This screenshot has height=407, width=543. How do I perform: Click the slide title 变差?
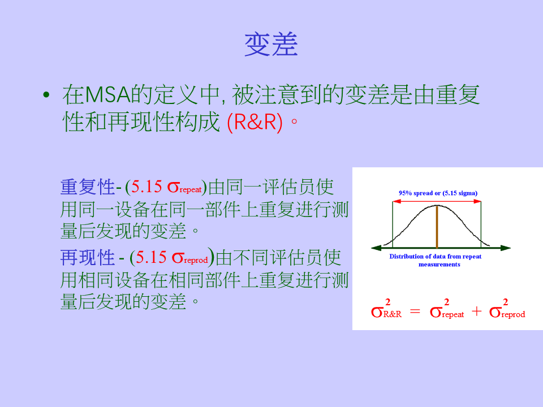pyautogui.click(x=271, y=44)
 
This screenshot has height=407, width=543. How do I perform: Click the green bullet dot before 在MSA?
pyautogui.click(x=46, y=94)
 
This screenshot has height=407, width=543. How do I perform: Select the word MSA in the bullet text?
pyautogui.click(x=107, y=94)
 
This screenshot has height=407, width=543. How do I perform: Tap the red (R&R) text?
pyautogui.click(x=255, y=122)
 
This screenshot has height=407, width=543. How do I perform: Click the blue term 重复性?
pyautogui.click(x=87, y=187)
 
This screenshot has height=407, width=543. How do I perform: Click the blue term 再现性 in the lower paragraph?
pyautogui.click(x=87, y=258)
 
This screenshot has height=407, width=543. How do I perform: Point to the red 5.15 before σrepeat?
pyautogui.click(x=146, y=187)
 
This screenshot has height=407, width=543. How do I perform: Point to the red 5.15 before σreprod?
pyautogui.click(x=151, y=258)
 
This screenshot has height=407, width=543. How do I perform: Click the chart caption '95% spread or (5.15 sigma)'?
pyautogui.click(x=438, y=193)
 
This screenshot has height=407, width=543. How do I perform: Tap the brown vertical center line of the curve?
pyautogui.click(x=437, y=227)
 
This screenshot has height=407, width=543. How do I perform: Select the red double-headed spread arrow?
pyautogui.click(x=437, y=201)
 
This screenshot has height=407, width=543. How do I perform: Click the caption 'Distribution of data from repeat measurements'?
pyautogui.click(x=436, y=260)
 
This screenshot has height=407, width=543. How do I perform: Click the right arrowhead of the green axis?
pyautogui.click(x=506, y=248)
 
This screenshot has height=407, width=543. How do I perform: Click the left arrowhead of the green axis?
pyautogui.click(x=376, y=248)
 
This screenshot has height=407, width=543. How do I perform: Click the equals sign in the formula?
pyautogui.click(x=415, y=311)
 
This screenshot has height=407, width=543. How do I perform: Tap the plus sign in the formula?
pyautogui.click(x=476, y=311)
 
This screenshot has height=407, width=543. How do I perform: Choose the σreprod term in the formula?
pyautogui.click(x=507, y=309)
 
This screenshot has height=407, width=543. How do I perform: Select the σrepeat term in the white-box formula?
pyautogui.click(x=447, y=309)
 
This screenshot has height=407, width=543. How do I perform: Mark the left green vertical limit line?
pyautogui.click(x=393, y=224)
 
